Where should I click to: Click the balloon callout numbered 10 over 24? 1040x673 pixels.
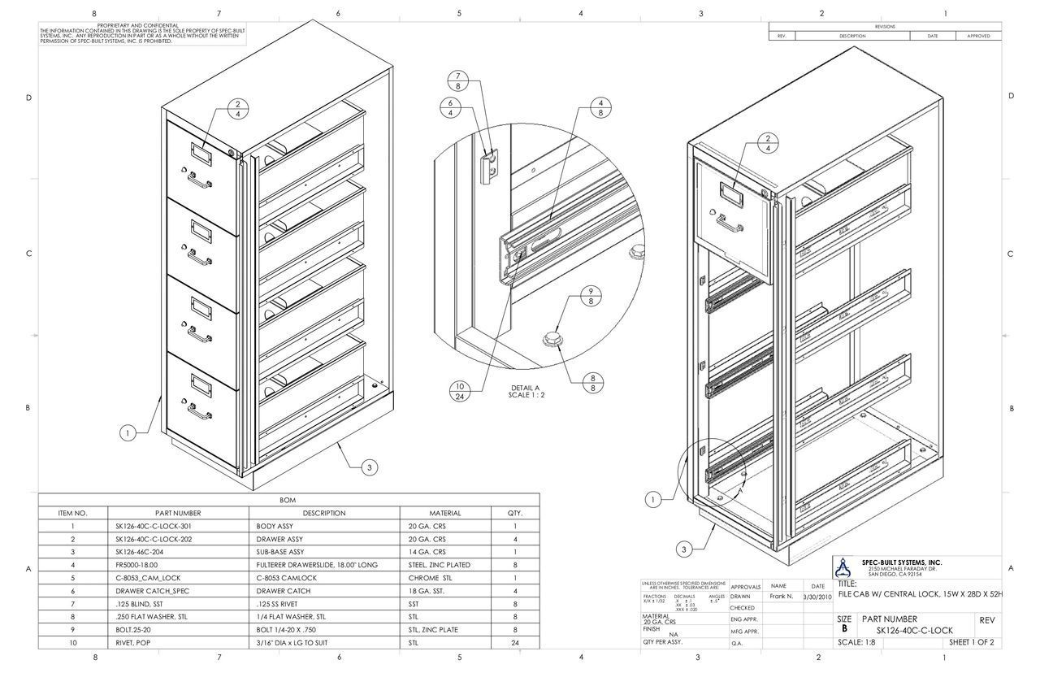pyautogui.click(x=459, y=392)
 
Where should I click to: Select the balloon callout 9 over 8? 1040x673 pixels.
pyautogui.click(x=591, y=296)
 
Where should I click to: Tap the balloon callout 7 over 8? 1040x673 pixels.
pyautogui.click(x=458, y=80)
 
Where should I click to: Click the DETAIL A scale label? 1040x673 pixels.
pyautogui.click(x=526, y=391)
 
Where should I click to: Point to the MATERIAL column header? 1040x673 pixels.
pyautogui.click(x=444, y=513)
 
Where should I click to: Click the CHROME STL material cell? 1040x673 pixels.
pyautogui.click(x=431, y=577)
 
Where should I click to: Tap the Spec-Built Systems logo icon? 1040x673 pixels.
pyautogui.click(x=848, y=567)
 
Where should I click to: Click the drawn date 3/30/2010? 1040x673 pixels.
pyautogui.click(x=817, y=597)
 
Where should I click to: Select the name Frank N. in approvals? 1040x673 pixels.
pyautogui.click(x=781, y=597)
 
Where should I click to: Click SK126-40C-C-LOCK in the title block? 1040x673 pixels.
pyautogui.click(x=914, y=631)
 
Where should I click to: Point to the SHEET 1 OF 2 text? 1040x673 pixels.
pyautogui.click(x=971, y=642)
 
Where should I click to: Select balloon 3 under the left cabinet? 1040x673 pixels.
pyautogui.click(x=369, y=467)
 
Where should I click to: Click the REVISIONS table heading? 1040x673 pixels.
pyautogui.click(x=885, y=27)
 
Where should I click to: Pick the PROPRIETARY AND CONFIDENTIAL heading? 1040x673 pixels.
pyautogui.click(x=143, y=26)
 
